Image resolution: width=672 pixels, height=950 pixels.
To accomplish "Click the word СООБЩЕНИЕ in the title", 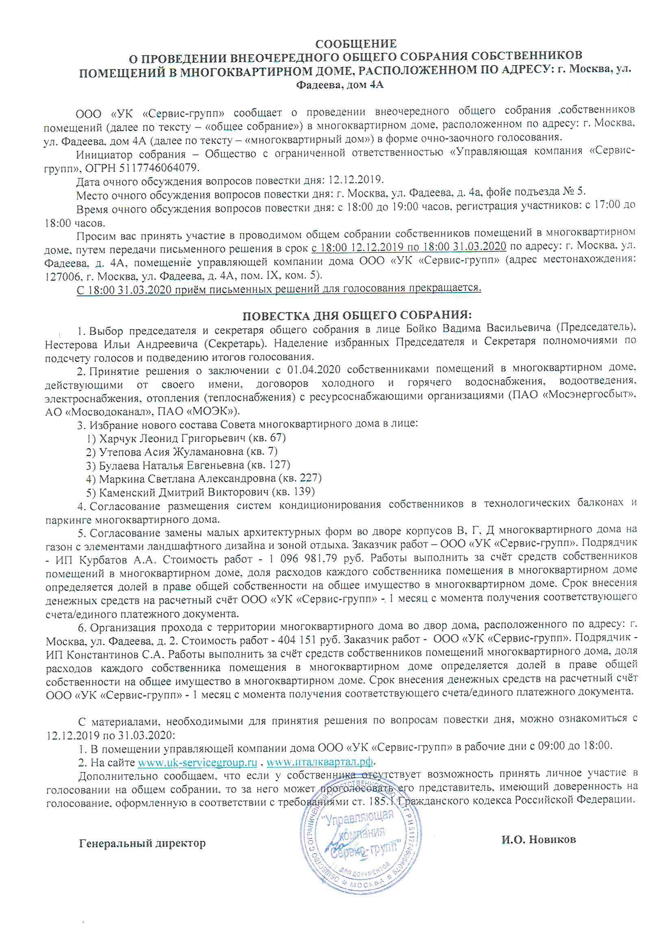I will (356, 43).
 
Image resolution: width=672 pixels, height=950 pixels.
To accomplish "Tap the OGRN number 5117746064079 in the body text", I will (159, 167).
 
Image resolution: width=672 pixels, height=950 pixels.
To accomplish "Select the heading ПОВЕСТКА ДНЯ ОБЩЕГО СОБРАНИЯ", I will (357, 316).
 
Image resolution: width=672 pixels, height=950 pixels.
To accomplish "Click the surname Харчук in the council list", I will (118, 438).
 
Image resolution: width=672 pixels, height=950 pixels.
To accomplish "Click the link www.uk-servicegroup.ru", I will (198, 762).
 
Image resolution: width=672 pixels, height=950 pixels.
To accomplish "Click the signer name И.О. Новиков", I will (538, 839).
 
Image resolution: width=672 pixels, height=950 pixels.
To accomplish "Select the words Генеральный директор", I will (142, 843).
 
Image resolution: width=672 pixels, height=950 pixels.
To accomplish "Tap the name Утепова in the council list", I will (120, 452).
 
